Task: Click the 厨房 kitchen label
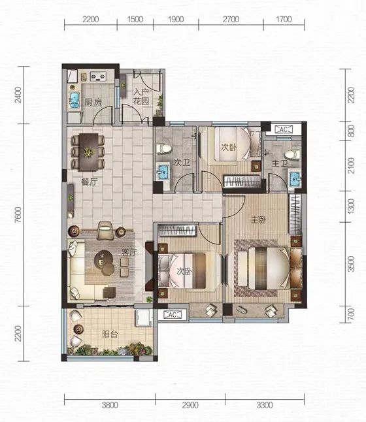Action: click(93, 102)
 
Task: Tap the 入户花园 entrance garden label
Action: click(141, 97)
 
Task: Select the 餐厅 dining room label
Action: click(89, 182)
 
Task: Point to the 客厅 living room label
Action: click(129, 252)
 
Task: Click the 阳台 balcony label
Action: click(110, 334)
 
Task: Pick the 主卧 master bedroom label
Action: click(259, 220)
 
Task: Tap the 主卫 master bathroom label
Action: click(280, 163)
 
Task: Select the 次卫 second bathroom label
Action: click(182, 162)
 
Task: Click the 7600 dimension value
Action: click(18, 215)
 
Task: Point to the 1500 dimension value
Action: click(135, 20)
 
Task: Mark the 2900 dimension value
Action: click(190, 405)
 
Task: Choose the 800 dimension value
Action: click(351, 131)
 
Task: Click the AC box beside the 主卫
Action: click(283, 129)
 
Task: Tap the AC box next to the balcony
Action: click(172, 314)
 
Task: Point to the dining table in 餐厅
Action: click(88, 152)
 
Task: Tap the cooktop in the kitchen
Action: click(97, 76)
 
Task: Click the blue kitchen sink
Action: click(75, 101)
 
